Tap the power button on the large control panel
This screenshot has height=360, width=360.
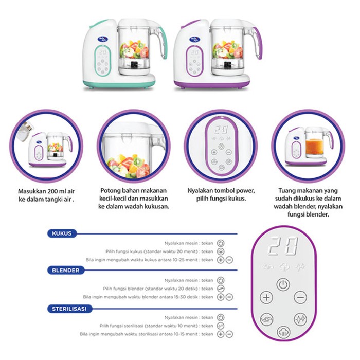pos(283,284)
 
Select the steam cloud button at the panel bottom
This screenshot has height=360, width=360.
pos(283,332)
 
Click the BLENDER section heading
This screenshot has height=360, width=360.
pos(66,270)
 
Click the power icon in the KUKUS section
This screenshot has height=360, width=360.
pos(221,242)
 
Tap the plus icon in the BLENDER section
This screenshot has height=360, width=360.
pos(221,297)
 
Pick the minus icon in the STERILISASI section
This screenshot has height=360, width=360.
pos(229,334)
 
